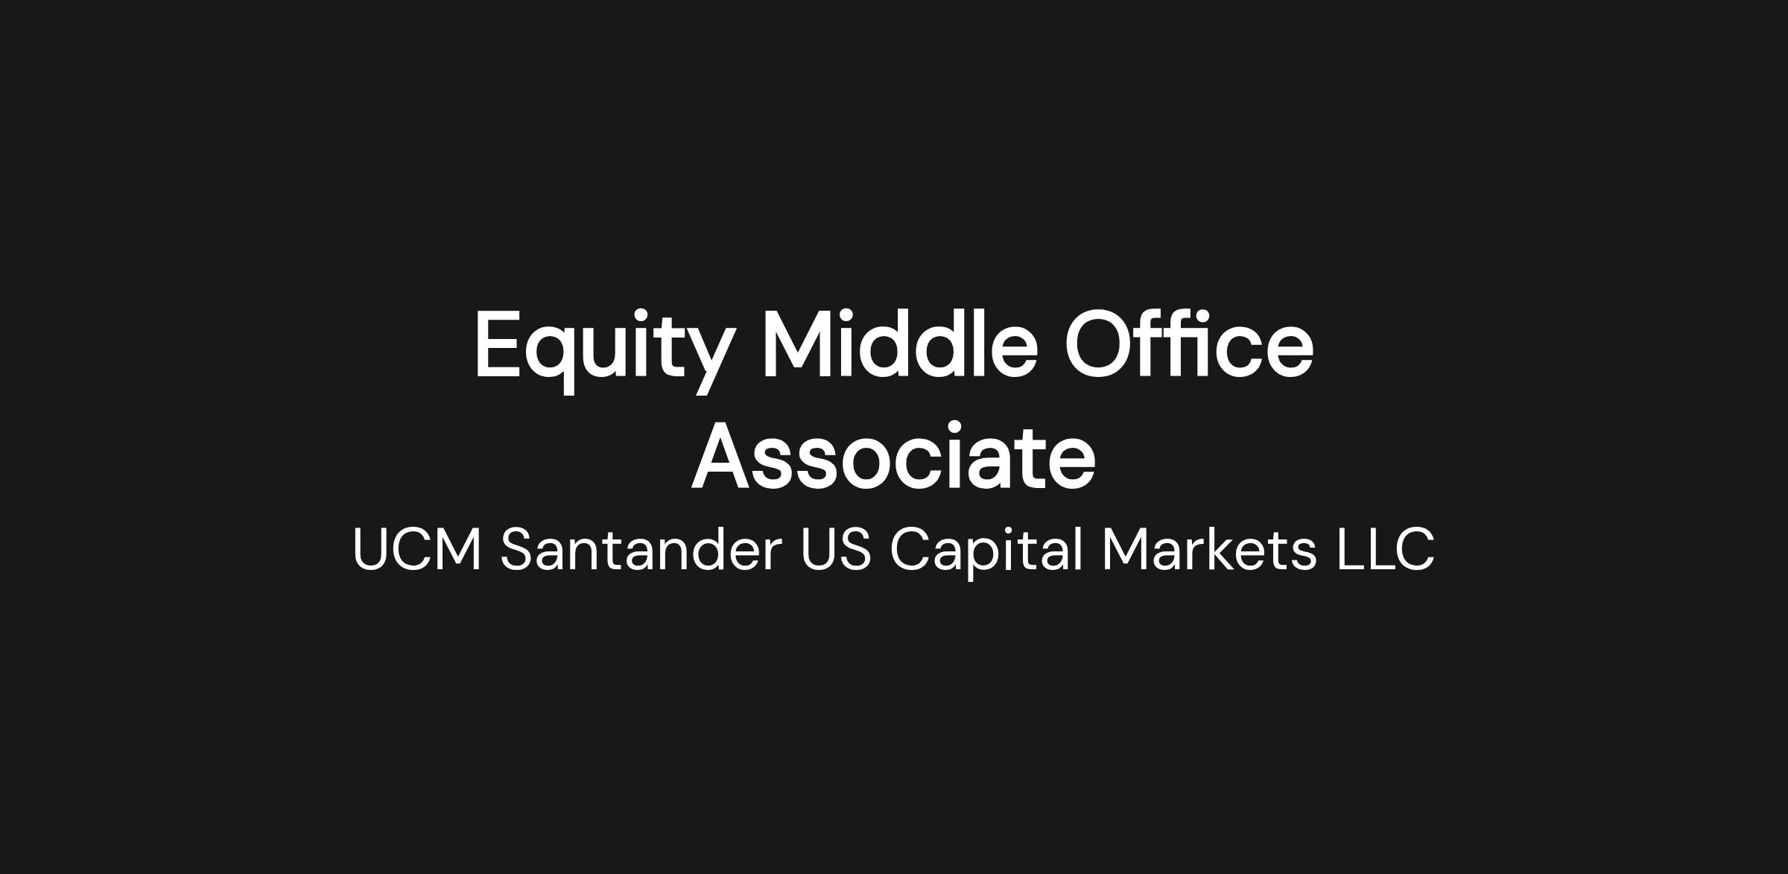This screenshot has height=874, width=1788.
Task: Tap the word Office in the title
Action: click(x=1189, y=343)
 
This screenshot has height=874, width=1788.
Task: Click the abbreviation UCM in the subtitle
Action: click(x=416, y=549)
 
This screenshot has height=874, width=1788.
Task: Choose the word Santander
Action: click(x=641, y=549)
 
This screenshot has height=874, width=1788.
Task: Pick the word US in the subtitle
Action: click(x=835, y=549)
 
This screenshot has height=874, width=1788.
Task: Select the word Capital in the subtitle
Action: click(x=986, y=552)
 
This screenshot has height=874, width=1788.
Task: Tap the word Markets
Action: click(x=1209, y=549)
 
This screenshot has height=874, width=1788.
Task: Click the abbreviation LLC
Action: click(x=1385, y=549)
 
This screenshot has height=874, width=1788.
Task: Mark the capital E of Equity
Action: click(x=497, y=343)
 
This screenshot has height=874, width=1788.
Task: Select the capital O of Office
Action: click(x=1098, y=343)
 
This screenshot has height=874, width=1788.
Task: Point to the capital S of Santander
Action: click(x=519, y=549)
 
